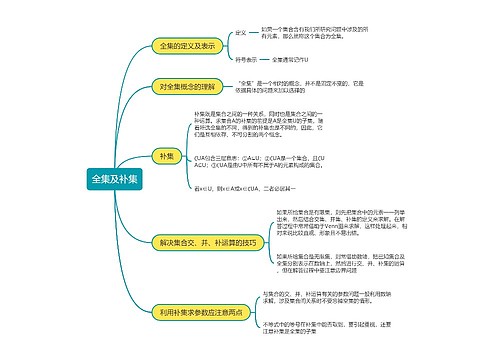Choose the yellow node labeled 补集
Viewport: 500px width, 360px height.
(x=166, y=158)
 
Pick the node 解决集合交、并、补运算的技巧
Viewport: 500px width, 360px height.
(x=207, y=242)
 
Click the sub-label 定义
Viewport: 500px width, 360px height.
(x=240, y=33)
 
